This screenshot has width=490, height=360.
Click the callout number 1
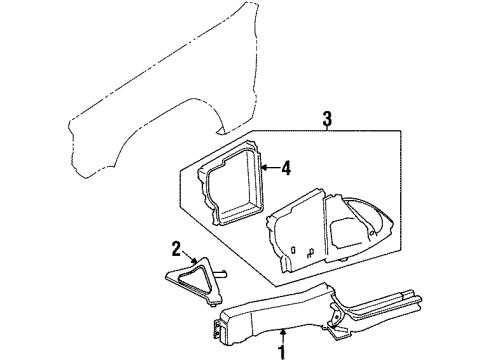pyautogui.click(x=283, y=351)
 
